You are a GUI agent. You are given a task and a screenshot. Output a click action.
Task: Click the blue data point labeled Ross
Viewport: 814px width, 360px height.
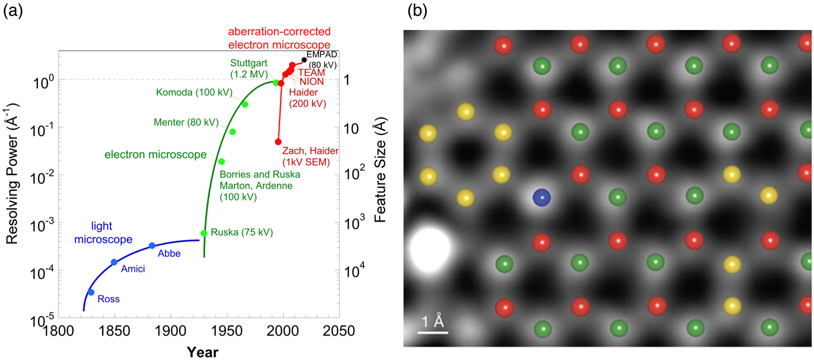[91, 292]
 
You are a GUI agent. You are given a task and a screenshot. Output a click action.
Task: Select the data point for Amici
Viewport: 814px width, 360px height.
[114, 262]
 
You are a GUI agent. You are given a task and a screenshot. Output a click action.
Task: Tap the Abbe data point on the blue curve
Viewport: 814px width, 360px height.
[152, 246]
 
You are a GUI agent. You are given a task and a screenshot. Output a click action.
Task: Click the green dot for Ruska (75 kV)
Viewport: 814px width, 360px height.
[204, 233]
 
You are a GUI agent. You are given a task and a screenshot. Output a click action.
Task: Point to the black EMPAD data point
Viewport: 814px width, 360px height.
[304, 60]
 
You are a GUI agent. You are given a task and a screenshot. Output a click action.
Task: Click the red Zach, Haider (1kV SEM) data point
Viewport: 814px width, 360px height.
[278, 142]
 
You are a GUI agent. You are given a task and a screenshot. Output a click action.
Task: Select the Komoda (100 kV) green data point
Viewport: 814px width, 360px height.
[245, 105]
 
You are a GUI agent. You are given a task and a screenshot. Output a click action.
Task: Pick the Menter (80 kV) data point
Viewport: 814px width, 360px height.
[232, 132]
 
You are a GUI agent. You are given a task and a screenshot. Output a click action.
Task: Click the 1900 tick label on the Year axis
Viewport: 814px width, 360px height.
[171, 332]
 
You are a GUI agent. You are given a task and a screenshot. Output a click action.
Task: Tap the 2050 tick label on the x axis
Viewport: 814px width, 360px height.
[339, 332]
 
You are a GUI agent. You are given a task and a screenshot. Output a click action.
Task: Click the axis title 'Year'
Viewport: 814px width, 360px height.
[202, 352]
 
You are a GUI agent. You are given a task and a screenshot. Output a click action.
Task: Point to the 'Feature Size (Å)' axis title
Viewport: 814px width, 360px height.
[380, 170]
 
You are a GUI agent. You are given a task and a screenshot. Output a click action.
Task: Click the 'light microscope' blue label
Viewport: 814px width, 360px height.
[103, 233]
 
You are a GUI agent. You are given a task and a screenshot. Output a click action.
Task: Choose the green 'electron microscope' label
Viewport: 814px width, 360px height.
[156, 155]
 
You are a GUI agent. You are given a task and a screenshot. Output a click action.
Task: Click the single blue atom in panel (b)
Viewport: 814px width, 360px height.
[541, 198]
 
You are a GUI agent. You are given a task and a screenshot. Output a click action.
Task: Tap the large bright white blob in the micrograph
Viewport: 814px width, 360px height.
[430, 250]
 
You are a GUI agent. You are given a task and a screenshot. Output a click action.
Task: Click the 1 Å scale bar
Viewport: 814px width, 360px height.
[433, 332]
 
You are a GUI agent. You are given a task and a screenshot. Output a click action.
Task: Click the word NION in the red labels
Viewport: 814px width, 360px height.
[311, 82]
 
